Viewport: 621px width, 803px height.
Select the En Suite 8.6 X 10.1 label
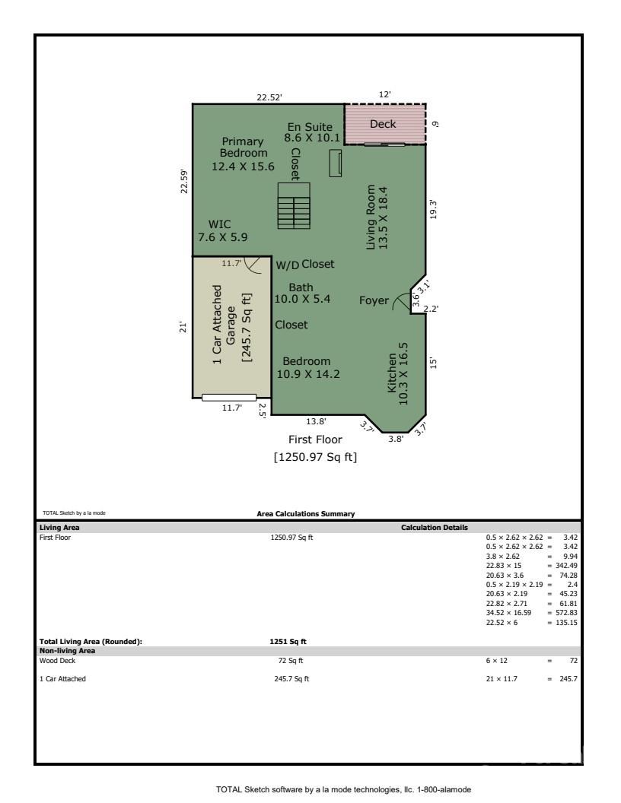pyautogui.click(x=309, y=132)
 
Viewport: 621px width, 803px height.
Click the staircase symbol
pyautogui.click(x=295, y=205)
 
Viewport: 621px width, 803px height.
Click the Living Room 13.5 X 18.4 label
pyautogui.click(x=377, y=217)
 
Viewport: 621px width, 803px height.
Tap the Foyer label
pyautogui.click(x=374, y=300)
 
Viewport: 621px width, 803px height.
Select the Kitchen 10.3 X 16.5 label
pyautogui.click(x=398, y=372)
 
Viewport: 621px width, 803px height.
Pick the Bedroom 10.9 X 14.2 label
pyautogui.click(x=307, y=367)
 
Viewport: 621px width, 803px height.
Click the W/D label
pyautogui.click(x=287, y=265)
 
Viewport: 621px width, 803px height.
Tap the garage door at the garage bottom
pyautogui.click(x=229, y=397)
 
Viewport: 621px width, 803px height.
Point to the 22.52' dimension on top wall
pyautogui.click(x=269, y=97)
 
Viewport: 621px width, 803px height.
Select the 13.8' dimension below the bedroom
pyautogui.click(x=316, y=421)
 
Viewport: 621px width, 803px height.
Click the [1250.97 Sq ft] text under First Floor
pyautogui.click(x=315, y=457)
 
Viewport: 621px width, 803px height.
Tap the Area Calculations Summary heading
pyautogui.click(x=306, y=514)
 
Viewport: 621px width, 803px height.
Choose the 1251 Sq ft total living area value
pyautogui.click(x=288, y=641)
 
